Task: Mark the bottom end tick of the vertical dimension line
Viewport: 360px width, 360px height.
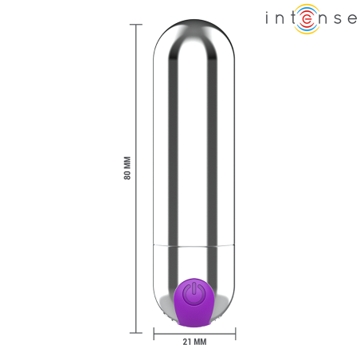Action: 136,331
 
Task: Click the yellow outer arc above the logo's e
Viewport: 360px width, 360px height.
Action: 306,7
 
